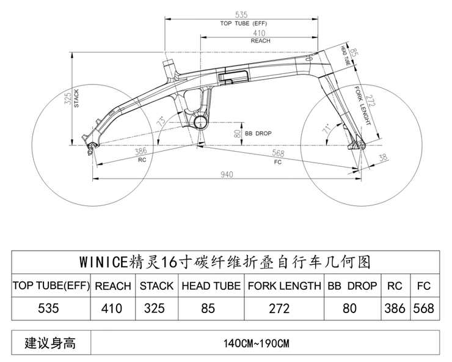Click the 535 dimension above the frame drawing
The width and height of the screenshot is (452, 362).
click(x=243, y=14)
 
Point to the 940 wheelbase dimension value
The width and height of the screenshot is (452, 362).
click(x=227, y=175)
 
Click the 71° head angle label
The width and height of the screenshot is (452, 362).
click(x=328, y=130)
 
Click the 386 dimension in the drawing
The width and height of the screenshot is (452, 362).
click(x=140, y=150)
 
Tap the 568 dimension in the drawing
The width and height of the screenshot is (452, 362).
click(x=279, y=153)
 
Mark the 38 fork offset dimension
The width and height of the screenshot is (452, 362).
click(x=382, y=158)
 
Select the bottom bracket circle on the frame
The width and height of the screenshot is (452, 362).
click(x=201, y=119)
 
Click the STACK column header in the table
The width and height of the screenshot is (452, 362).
click(x=156, y=286)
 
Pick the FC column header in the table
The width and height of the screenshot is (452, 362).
click(x=424, y=286)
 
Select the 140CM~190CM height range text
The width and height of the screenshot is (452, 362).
click(x=257, y=343)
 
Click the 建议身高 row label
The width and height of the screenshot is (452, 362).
click(x=50, y=342)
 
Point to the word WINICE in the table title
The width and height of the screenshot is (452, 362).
click(x=104, y=262)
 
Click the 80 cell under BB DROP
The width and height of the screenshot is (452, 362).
click(x=349, y=308)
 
